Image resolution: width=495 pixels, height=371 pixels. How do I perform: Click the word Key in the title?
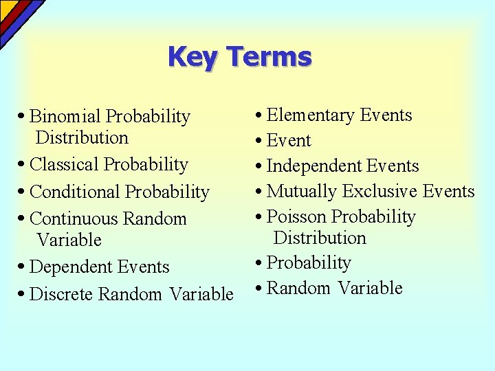coord(193,56)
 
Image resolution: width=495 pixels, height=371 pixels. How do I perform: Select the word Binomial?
coord(66,117)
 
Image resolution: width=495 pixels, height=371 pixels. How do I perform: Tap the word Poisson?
coord(296,216)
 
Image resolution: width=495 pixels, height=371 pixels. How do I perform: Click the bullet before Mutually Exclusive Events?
coord(257,192)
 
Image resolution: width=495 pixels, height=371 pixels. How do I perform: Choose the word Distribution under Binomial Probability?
coord(82,137)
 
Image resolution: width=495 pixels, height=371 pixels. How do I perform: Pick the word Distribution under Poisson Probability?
coord(320,238)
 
